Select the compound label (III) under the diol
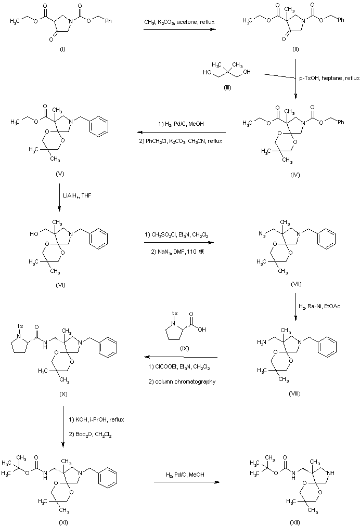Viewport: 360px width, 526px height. [227, 88]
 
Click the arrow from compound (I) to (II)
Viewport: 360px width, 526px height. [181, 30]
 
